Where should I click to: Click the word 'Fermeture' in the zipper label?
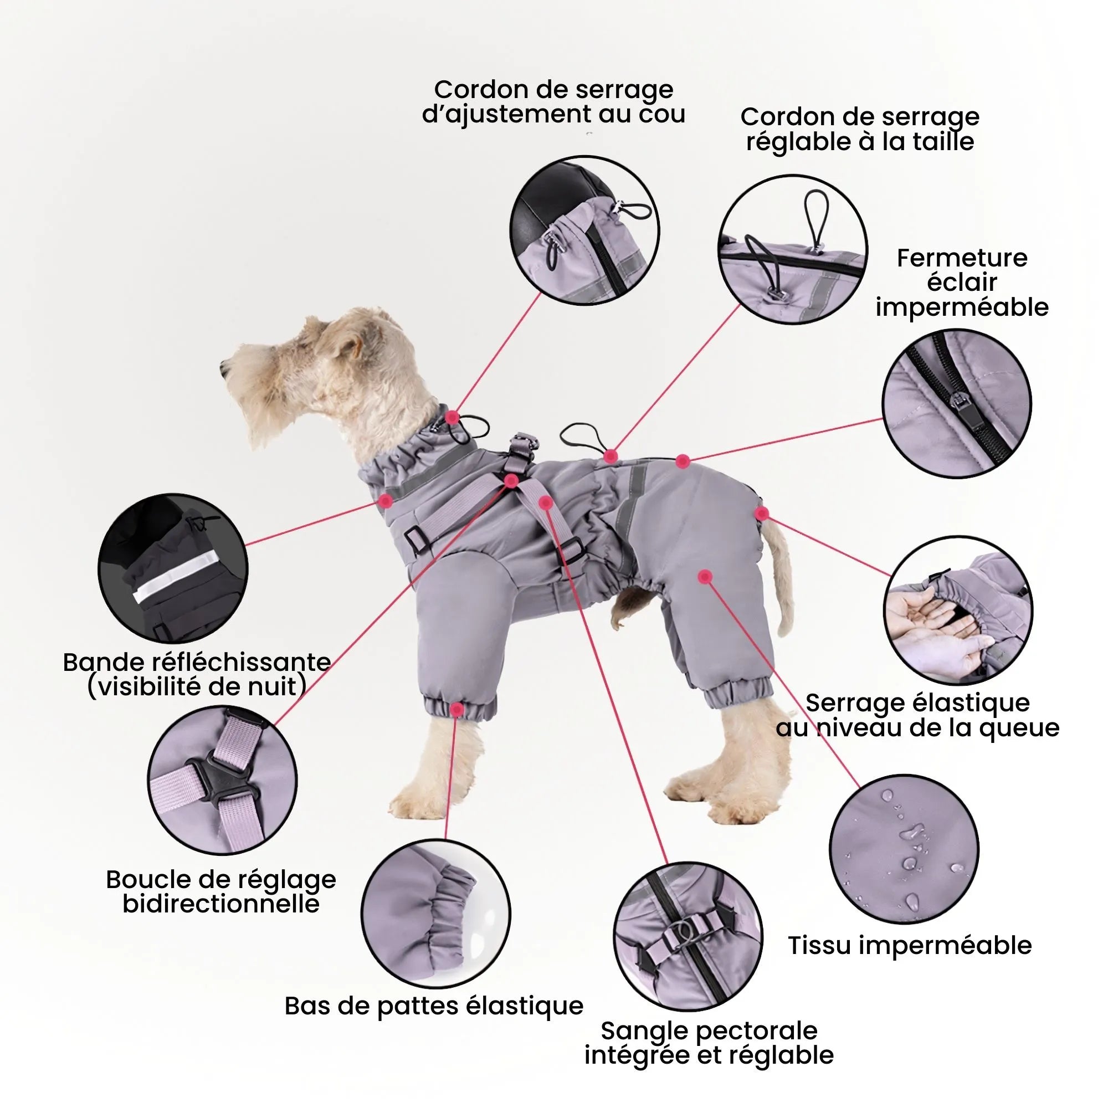click(962, 259)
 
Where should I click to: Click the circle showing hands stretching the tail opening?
click(957, 611)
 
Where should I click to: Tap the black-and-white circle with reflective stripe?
click(173, 568)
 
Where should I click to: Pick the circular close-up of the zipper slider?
click(956, 403)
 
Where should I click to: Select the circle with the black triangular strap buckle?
click(223, 780)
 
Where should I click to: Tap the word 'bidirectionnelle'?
click(221, 905)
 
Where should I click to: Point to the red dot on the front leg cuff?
click(456, 710)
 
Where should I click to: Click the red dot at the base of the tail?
click(761, 514)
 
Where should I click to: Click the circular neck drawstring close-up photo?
click(584, 230)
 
